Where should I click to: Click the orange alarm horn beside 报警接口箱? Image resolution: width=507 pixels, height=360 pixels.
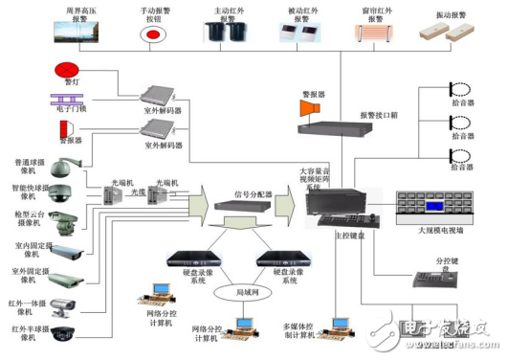tap(309, 109)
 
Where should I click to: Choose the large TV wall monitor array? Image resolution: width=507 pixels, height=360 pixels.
tap(435, 208)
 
